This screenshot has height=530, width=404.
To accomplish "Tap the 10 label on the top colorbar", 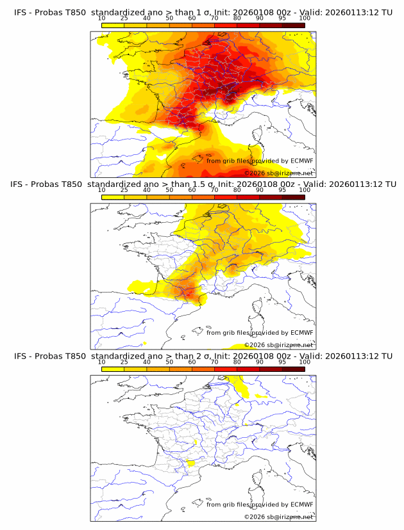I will pos(101,19).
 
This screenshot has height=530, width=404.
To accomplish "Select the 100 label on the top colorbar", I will pos(305,19).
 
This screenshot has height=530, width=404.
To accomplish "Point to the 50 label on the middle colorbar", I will pos(169,190).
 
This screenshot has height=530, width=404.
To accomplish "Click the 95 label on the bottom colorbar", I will pos(282,362).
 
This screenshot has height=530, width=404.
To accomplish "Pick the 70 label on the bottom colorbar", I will pos(214,362).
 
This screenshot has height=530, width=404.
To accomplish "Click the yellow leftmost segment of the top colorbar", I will pos(113,25).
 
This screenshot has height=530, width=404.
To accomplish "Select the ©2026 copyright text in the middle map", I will pos(278,344).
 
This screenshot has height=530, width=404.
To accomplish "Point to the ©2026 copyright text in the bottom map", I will pos(278,517).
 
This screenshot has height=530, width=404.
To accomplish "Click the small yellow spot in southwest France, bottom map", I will pos(190,463).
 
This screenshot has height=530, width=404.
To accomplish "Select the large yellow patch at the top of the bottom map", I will pos(240,385).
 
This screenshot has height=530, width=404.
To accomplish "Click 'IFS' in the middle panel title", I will pos(20,184).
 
